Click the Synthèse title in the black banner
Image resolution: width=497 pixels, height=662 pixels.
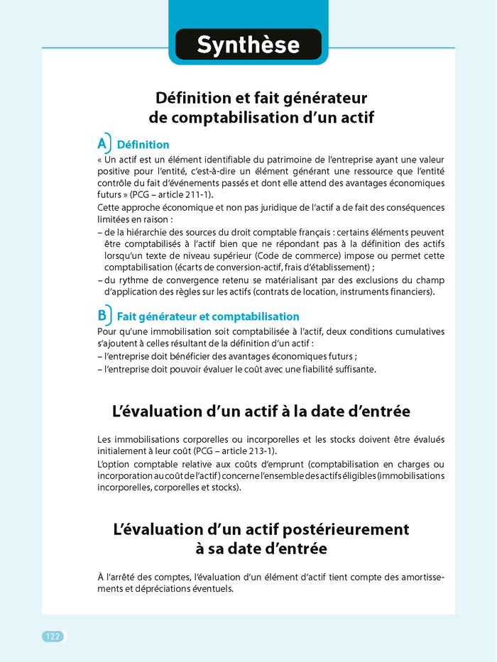(248, 45)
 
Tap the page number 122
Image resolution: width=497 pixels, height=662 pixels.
(53, 636)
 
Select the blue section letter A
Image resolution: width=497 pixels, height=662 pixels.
(102, 143)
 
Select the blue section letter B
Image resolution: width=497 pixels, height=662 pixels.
(102, 315)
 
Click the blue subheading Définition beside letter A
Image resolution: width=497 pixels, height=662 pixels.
(143, 145)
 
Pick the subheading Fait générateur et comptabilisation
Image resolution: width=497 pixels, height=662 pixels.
(207, 316)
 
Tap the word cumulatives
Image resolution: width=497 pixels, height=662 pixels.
(416, 331)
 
